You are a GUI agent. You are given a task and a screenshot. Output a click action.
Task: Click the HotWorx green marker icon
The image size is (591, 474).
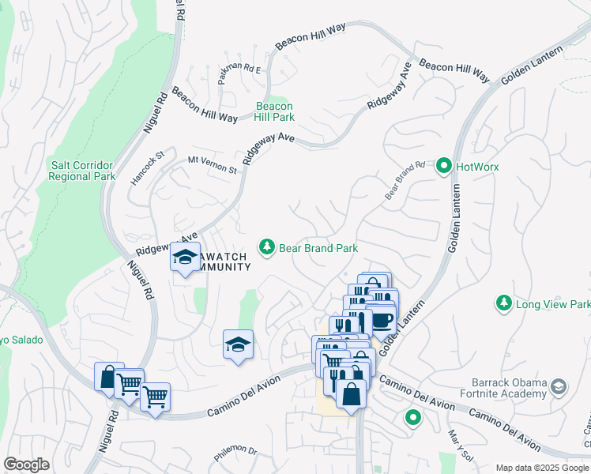443,167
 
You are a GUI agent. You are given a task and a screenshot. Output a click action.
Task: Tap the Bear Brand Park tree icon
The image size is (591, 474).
267,248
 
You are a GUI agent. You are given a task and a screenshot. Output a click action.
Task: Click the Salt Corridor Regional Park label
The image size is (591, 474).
81,171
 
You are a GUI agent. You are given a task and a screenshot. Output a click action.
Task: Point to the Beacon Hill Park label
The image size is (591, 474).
274,111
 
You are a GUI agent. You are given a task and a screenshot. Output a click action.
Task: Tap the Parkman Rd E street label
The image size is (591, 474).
239,70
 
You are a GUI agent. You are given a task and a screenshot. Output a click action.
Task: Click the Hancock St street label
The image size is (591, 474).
147,167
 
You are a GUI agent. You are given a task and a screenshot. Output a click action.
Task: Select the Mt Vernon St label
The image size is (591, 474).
212,165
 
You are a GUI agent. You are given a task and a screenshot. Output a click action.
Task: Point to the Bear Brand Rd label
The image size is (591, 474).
405,181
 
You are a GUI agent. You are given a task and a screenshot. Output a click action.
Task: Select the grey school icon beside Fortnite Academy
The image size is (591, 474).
559,386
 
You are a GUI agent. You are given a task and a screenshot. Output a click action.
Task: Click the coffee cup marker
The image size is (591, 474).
382,319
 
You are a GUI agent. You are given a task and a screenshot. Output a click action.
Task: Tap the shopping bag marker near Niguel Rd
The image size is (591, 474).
108,377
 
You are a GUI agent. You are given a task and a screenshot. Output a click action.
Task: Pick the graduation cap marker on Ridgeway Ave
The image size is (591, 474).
186,258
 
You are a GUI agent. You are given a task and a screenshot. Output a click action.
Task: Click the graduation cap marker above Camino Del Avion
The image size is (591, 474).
238,344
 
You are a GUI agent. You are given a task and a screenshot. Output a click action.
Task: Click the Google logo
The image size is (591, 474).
26,465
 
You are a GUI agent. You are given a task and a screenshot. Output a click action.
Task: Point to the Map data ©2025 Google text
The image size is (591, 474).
542,468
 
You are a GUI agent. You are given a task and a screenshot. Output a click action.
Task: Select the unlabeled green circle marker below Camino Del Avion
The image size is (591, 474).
412,418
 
